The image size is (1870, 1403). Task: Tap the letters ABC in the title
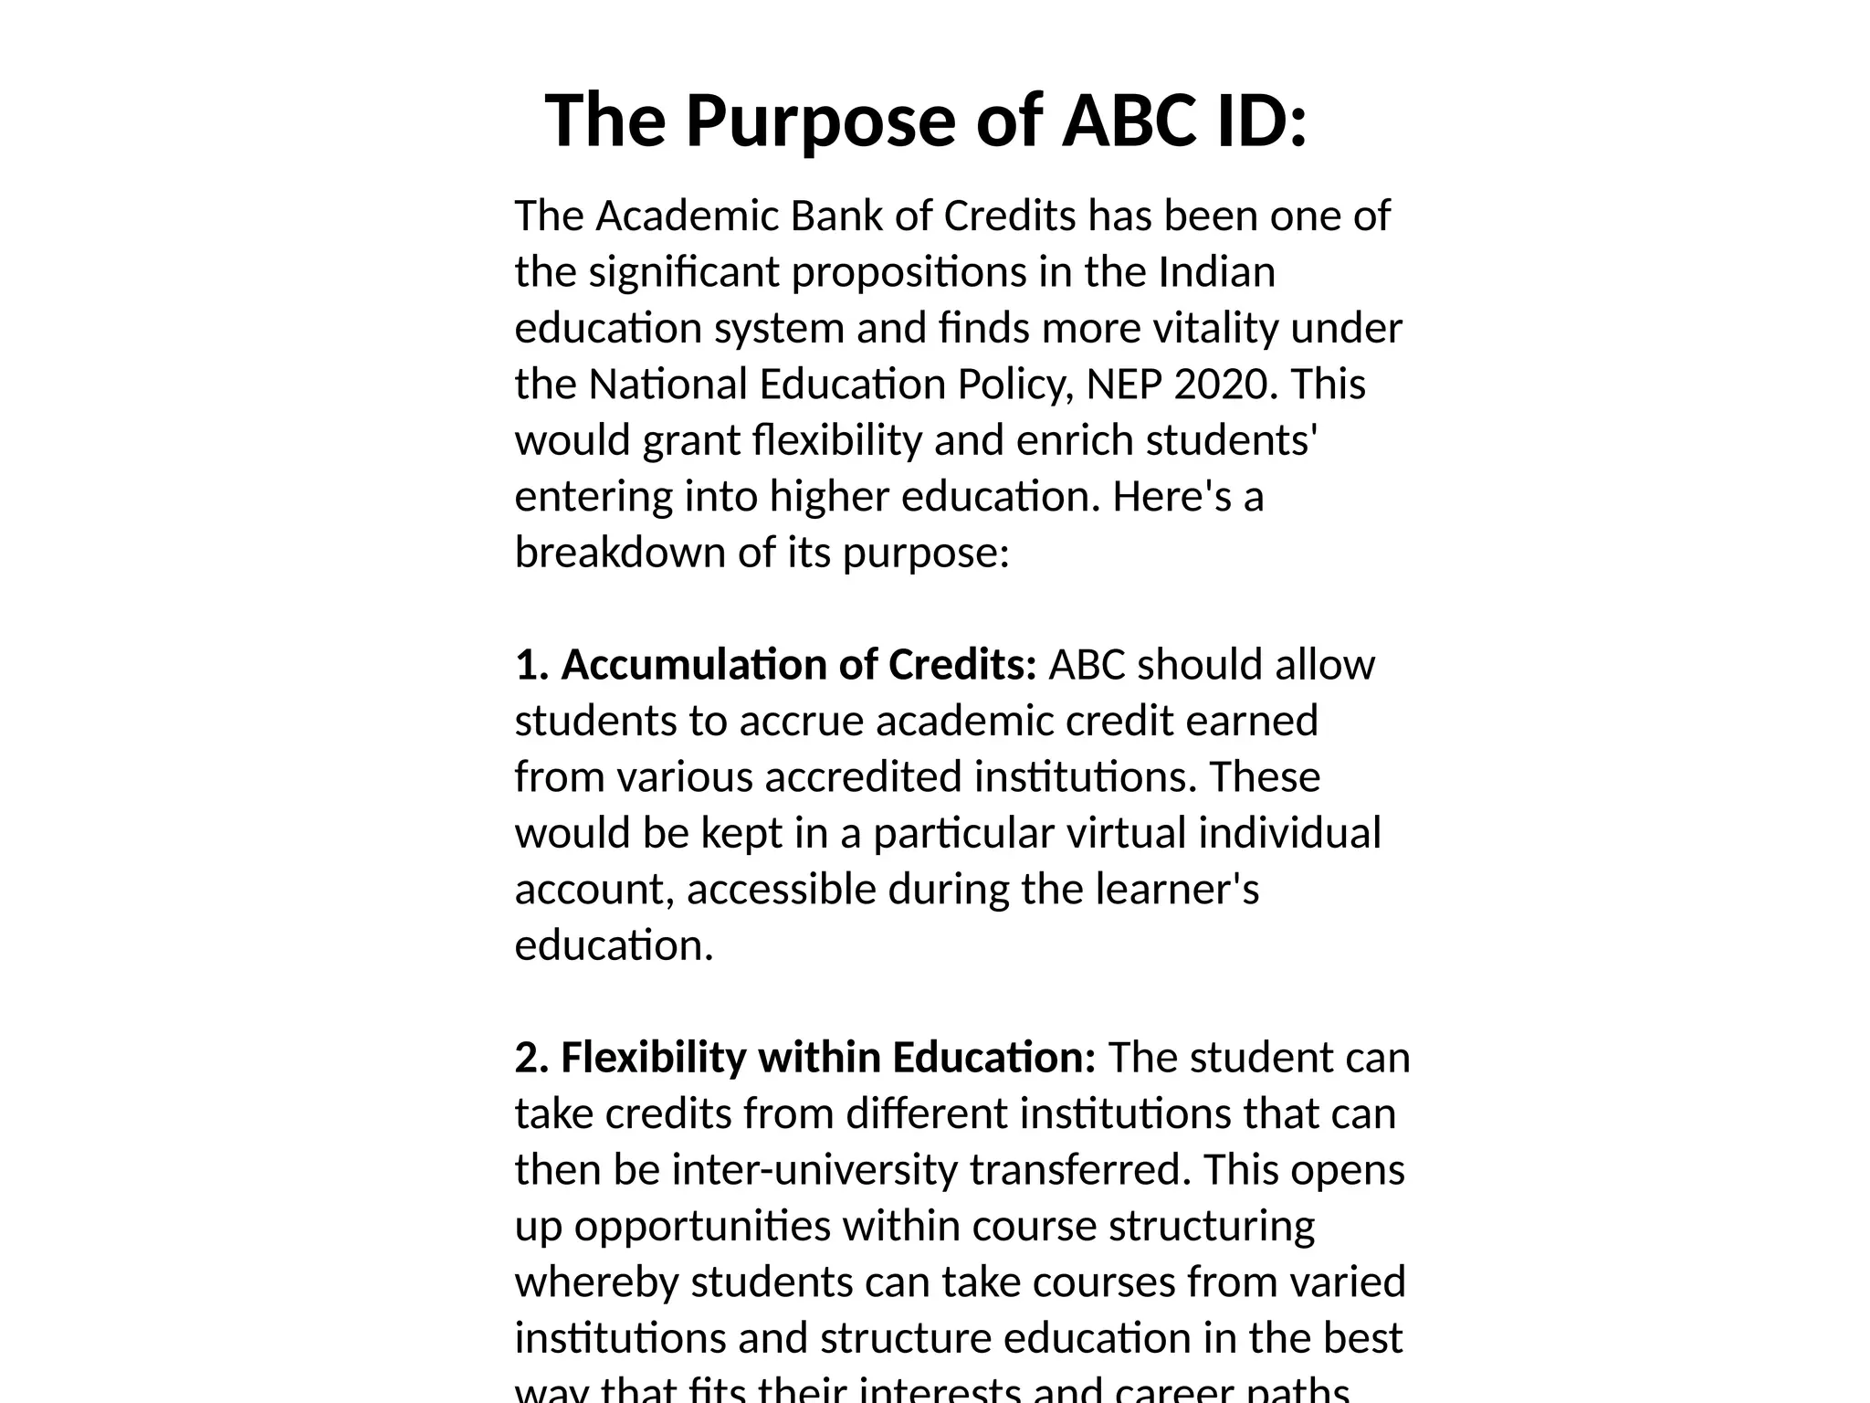[1129, 121]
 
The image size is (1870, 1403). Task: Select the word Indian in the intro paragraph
[1216, 272]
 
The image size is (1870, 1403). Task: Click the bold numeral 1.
[529, 665]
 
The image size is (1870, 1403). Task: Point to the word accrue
[801, 722]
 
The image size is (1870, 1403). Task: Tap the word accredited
[863, 777]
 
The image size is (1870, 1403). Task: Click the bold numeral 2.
[530, 1058]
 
